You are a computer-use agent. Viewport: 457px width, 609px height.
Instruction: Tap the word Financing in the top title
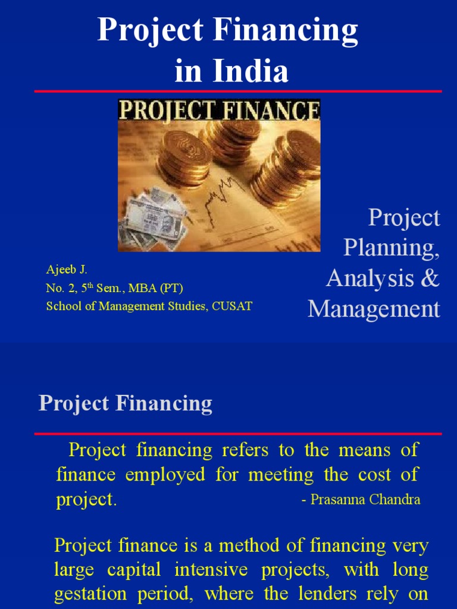(x=287, y=30)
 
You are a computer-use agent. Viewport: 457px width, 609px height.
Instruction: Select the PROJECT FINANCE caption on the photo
(x=219, y=111)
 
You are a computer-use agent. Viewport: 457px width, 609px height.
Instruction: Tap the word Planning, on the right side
(x=392, y=248)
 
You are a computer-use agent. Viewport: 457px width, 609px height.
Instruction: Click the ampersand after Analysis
(x=428, y=278)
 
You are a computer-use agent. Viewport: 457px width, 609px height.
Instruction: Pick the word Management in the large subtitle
(x=374, y=309)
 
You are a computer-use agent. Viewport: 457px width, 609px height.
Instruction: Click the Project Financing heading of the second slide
(x=126, y=404)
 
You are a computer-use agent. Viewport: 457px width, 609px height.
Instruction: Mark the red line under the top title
(x=238, y=91)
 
